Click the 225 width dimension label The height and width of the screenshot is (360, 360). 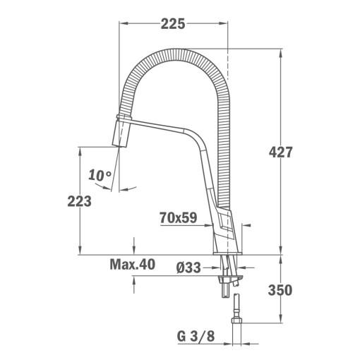coord(172,23)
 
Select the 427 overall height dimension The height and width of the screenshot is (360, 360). coord(281,152)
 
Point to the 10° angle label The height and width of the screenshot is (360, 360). coord(100,175)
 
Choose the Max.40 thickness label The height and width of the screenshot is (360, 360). coord(132,265)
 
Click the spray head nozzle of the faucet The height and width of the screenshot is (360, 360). coord(122,133)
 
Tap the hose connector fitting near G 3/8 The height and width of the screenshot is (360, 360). coord(236,311)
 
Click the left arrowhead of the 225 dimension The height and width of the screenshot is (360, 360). coord(121,23)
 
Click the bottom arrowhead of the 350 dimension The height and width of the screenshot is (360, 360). coord(281,319)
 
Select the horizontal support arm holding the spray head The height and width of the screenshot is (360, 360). coord(162,128)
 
